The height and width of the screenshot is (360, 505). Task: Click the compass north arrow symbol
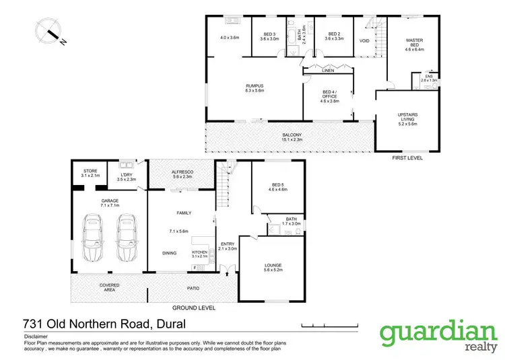(x=48, y=31)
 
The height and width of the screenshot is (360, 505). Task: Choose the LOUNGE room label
(x=273, y=268)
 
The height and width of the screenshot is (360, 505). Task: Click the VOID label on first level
(x=364, y=41)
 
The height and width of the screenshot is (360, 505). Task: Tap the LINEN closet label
(x=328, y=70)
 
